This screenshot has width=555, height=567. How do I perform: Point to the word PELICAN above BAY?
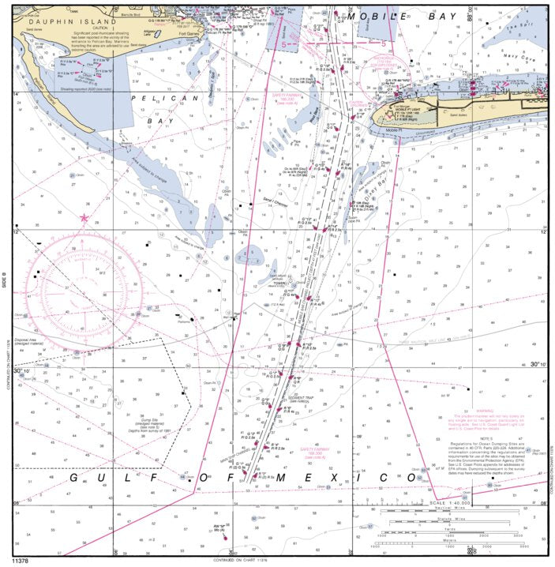click(x=157, y=98)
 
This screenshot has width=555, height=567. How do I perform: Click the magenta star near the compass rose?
click(x=84, y=217)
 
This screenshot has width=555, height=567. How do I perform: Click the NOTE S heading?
click(x=484, y=437)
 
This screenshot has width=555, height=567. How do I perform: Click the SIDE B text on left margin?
click(x=5, y=280)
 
